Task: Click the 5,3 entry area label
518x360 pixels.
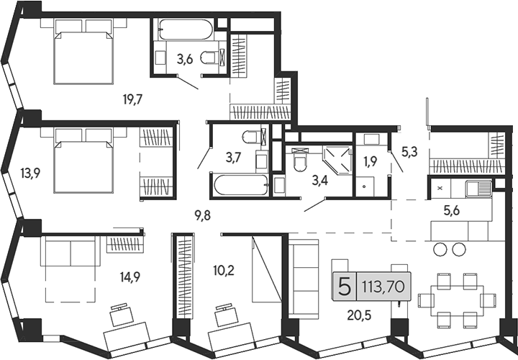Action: pyautogui.click(x=409, y=152)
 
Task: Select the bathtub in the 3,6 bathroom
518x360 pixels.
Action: pyautogui.click(x=186, y=30)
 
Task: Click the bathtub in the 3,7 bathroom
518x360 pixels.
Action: pyautogui.click(x=240, y=185)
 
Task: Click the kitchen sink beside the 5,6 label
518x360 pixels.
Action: pyautogui.click(x=478, y=189)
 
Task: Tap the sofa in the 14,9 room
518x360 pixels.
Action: pyautogui.click(x=71, y=253)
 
